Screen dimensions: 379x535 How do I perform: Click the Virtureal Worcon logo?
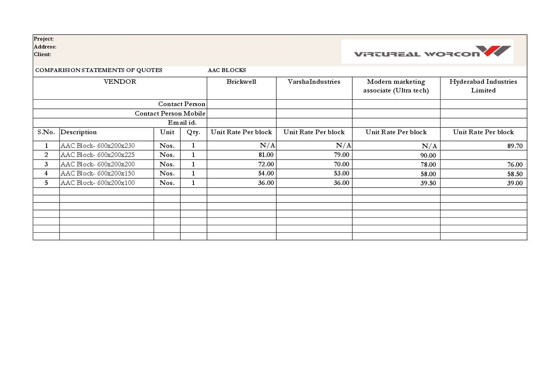coord(427,52)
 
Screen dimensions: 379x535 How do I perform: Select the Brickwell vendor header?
coord(241,82)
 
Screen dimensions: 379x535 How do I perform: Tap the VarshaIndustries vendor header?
coord(314,82)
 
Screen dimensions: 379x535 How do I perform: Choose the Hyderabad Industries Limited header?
coord(483,86)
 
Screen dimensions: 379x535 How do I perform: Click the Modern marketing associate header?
coord(396,86)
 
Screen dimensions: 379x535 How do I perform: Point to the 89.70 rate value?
coord(515,146)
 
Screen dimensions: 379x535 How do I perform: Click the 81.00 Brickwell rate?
coord(266,155)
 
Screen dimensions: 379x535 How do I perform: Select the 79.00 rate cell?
coord(341,155)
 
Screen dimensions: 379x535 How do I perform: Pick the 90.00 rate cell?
coord(428,155)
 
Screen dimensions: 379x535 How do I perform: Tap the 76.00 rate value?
coord(515,164)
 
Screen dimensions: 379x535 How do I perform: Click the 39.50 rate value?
coord(428,183)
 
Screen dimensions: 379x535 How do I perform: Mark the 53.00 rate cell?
coord(341,173)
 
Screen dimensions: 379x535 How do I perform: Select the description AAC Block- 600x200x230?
coord(98,146)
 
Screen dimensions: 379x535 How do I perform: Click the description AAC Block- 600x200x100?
coord(98,183)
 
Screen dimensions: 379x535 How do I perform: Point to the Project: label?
coord(44,39)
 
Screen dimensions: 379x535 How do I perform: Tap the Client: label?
coord(42,54)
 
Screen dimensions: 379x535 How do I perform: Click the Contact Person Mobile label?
coord(170,113)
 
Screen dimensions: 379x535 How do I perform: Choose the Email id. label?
coord(182,122)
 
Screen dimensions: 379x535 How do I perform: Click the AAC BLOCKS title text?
coord(227,70)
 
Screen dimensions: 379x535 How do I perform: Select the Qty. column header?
coord(193,132)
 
